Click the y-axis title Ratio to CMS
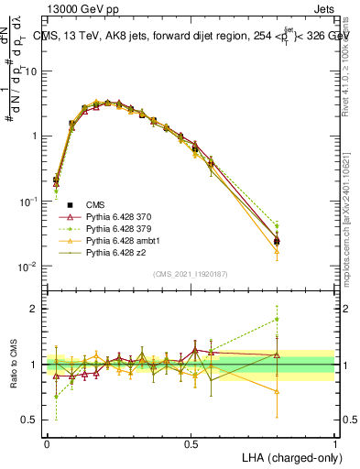(x=13, y=364)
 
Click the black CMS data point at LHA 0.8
(x=302, y=241)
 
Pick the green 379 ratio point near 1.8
(x=302, y=320)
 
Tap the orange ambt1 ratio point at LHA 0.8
(x=302, y=390)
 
